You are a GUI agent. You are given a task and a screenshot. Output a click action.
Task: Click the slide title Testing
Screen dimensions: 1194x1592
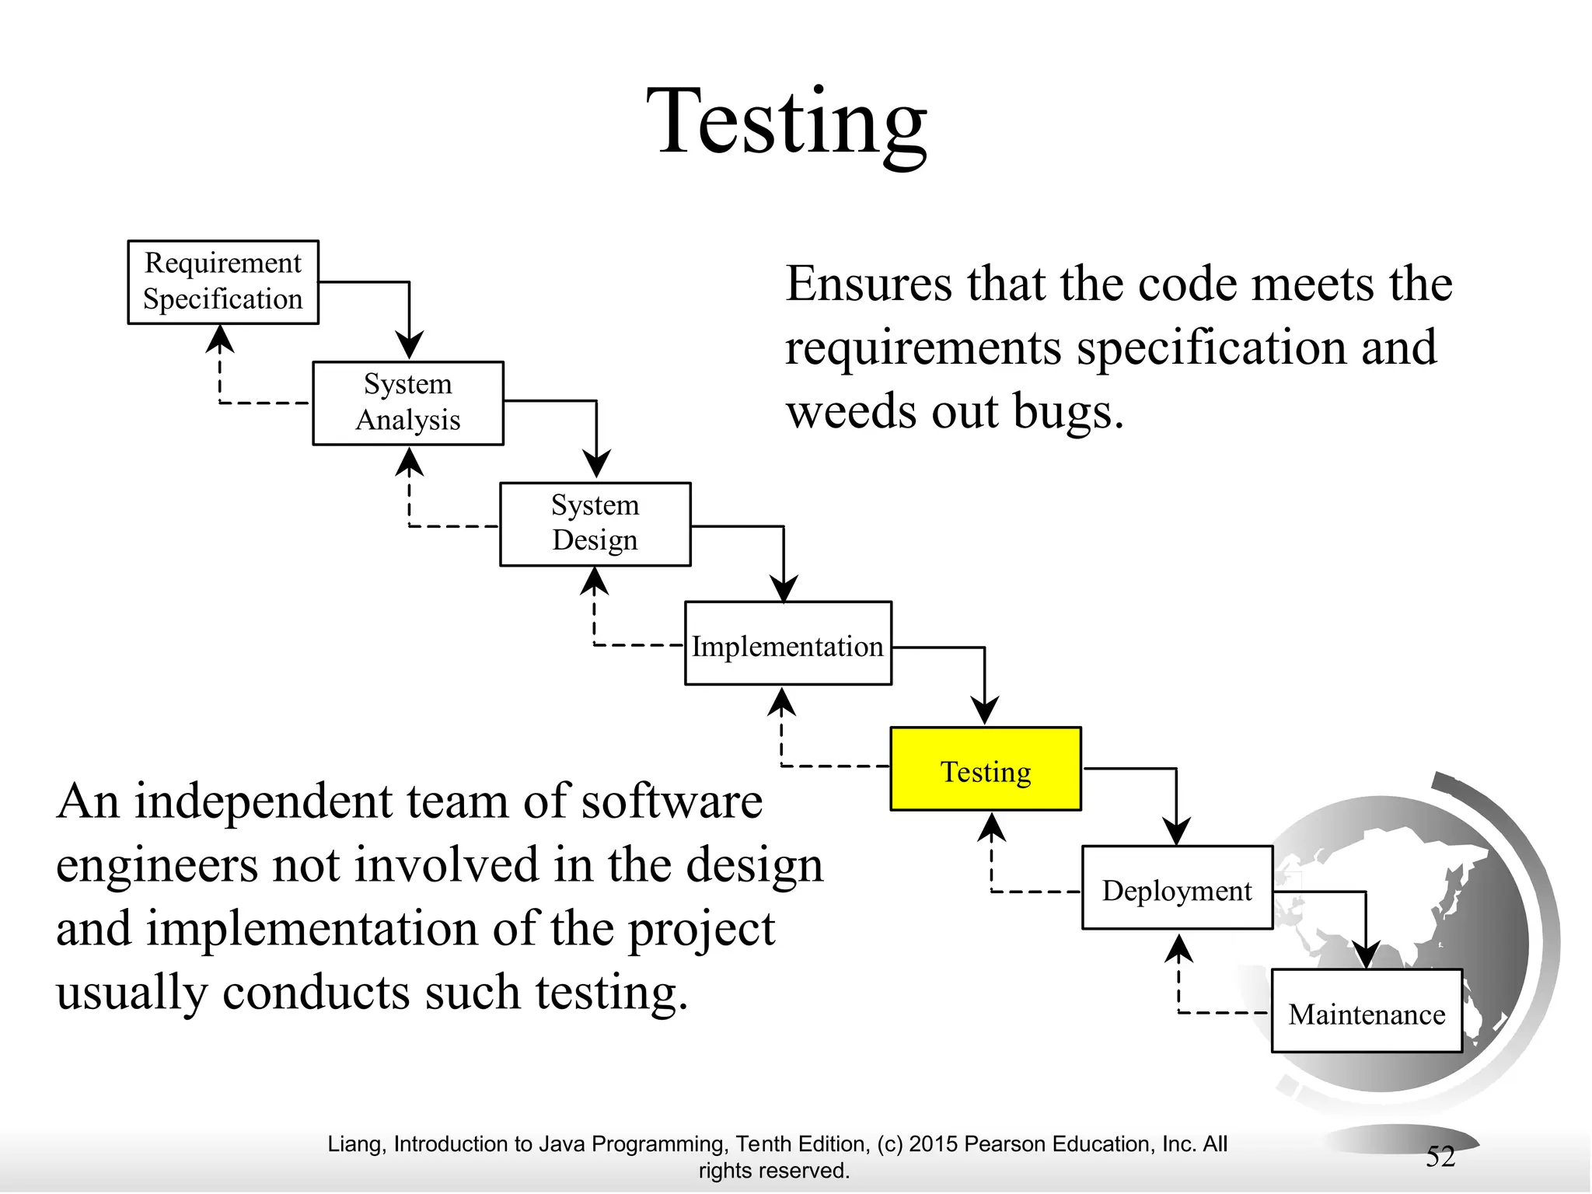coord(787,123)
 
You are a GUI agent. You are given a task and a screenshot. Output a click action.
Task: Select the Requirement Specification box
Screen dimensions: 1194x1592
coord(223,281)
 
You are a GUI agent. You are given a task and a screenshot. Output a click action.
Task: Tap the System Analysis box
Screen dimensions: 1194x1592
coord(408,403)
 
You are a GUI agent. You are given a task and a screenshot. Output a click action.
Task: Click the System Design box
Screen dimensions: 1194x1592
coord(595,523)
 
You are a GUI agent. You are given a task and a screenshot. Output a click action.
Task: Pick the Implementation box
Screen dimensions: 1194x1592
coord(787,644)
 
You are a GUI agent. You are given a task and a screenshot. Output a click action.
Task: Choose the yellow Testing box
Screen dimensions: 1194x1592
coord(986,769)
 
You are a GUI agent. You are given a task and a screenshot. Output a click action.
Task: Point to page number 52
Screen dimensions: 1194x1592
coord(1440,1156)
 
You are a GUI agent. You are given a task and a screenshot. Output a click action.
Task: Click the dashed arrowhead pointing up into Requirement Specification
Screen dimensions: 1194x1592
coord(221,339)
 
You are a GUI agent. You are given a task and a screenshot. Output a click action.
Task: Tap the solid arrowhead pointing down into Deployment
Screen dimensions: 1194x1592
coord(1176,831)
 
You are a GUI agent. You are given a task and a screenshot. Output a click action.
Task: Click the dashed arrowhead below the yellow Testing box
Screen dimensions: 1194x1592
coord(991,828)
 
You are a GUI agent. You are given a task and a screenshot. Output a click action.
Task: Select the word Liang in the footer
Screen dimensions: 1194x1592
coord(353,1143)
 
